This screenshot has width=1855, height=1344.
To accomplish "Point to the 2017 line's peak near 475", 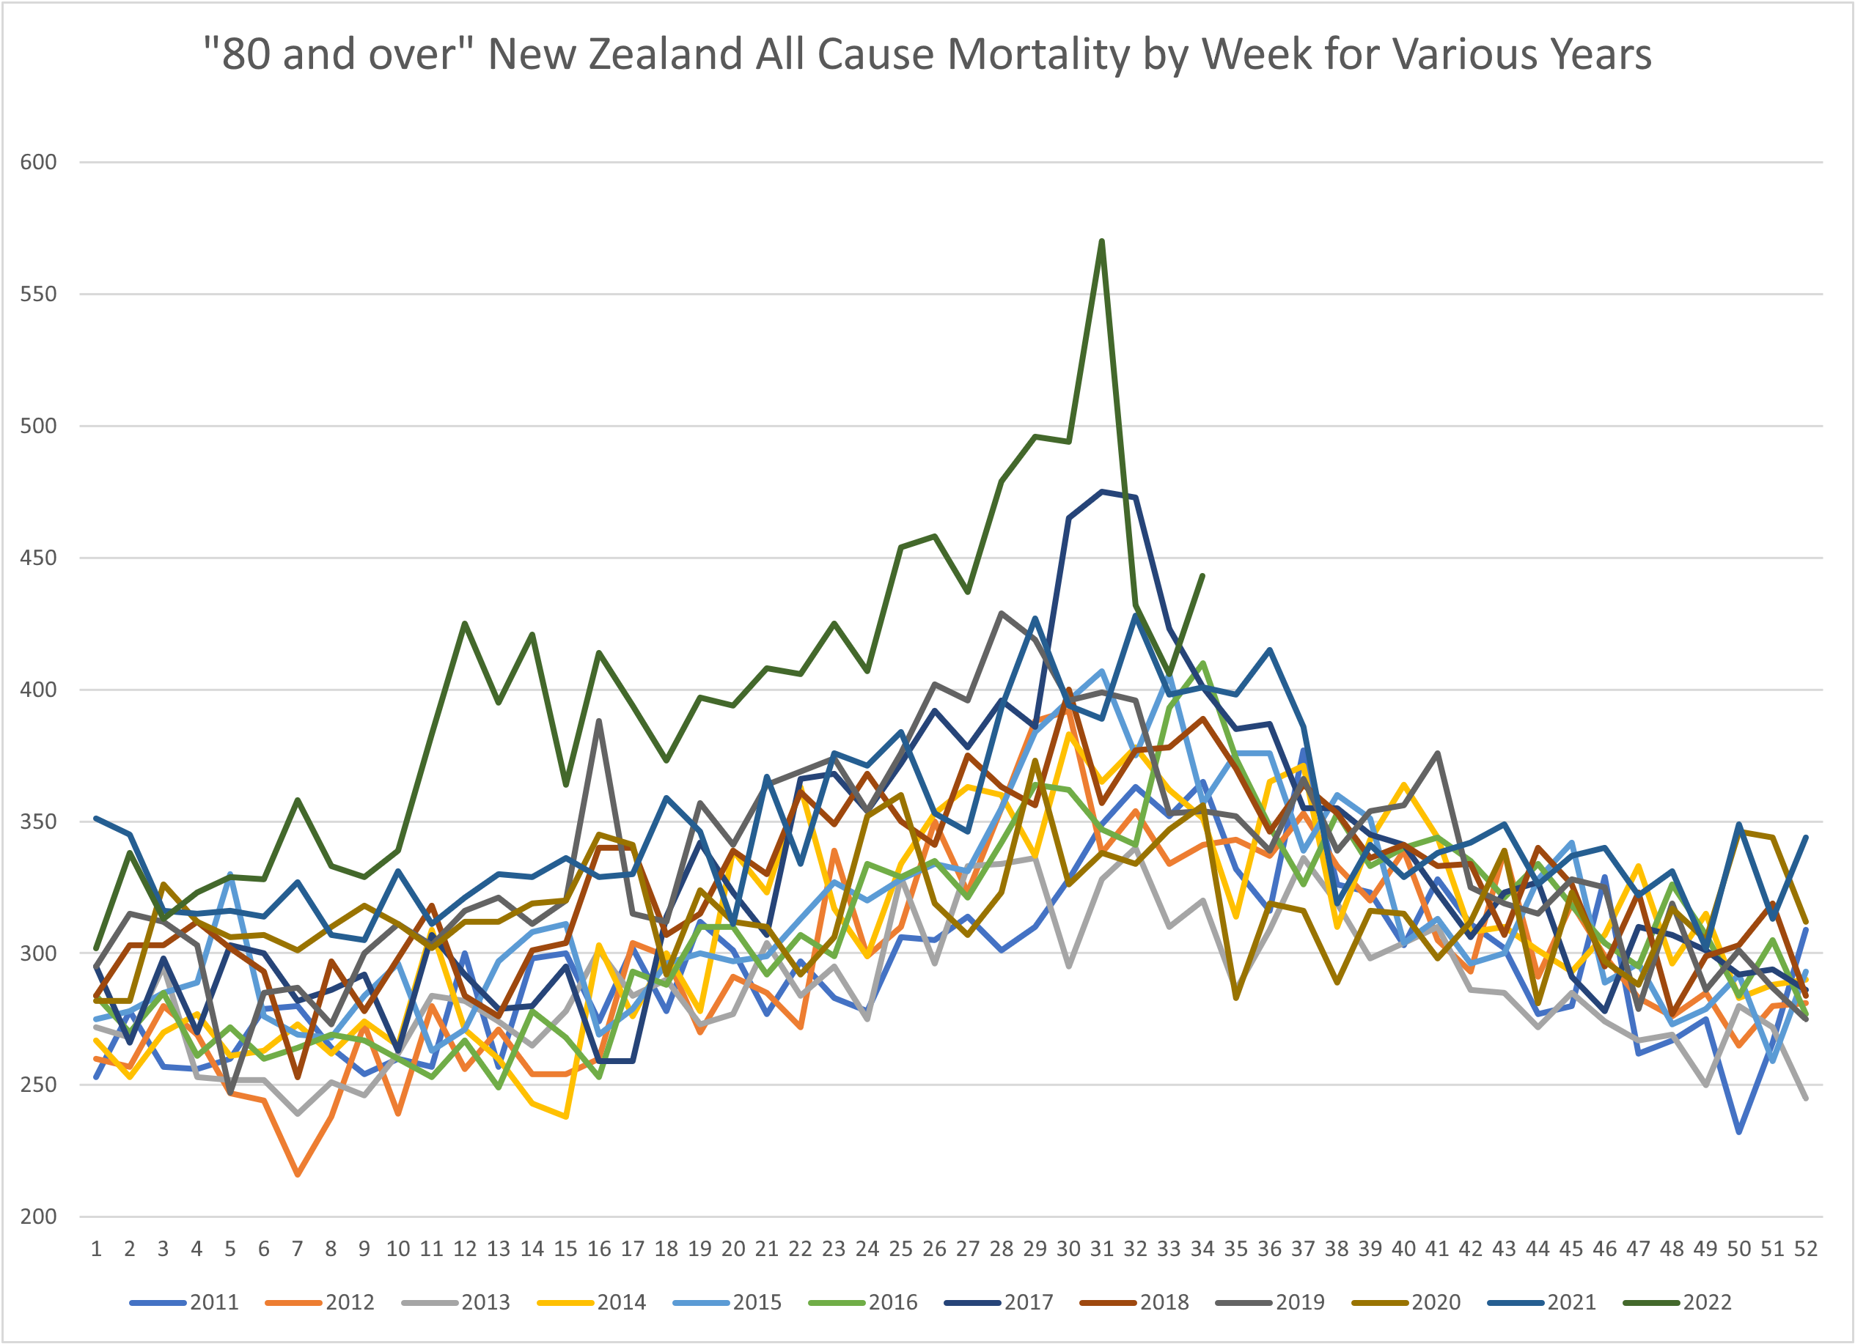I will pos(1102,491).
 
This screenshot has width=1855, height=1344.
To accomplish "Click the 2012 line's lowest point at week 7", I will pos(298,1175).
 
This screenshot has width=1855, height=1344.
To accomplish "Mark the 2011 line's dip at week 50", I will pos(1739,1132).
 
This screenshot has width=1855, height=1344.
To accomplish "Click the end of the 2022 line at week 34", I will pos(1202,575).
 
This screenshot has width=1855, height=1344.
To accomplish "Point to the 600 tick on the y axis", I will pos(38,162).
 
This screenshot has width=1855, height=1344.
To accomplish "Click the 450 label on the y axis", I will pos(38,558).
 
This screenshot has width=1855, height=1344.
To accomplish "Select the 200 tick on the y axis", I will pos(38,1216).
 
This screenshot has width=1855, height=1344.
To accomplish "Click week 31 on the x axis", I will pos(1102,1248).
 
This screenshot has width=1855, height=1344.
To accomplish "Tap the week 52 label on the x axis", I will pos(1806,1248).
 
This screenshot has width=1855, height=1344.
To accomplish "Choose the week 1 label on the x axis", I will pos(96,1248).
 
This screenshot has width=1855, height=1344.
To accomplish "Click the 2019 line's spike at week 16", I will pos(600,721).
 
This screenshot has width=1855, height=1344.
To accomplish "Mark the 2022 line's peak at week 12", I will pos(465,623).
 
